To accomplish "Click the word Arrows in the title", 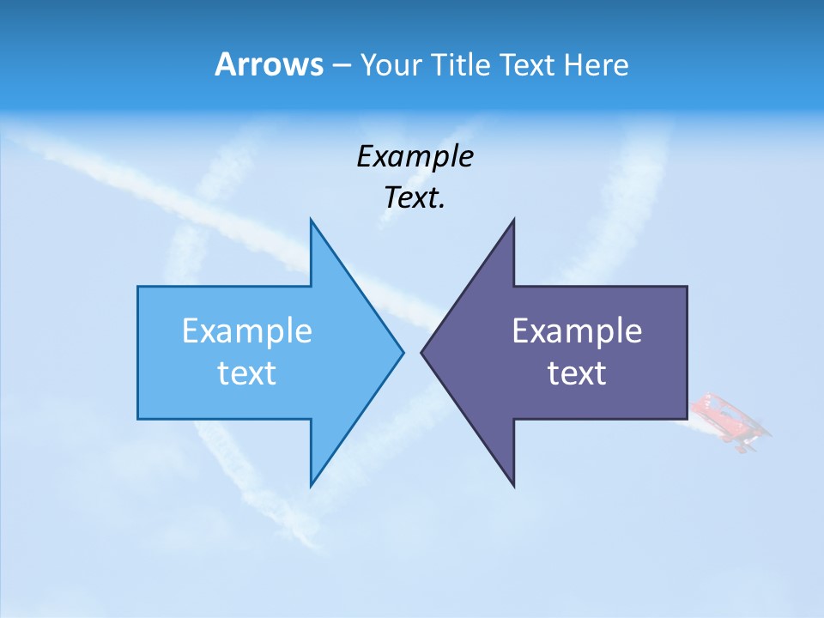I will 269,65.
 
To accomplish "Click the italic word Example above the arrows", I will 415,157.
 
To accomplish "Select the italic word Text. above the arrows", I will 415,198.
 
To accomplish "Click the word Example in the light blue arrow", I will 247,331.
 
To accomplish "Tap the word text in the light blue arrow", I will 247,373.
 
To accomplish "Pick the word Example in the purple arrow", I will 577,331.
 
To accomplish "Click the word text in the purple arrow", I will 577,373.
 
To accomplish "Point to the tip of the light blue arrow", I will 403,352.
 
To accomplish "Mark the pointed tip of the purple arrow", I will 421,352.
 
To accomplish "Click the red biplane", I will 727,421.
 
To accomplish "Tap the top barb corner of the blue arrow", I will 311,220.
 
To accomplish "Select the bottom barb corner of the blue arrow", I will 311,486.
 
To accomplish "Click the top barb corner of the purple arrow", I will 513,220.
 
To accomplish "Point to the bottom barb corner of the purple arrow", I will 513,486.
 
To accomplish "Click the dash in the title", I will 341,65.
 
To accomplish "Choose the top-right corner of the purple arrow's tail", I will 687,287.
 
